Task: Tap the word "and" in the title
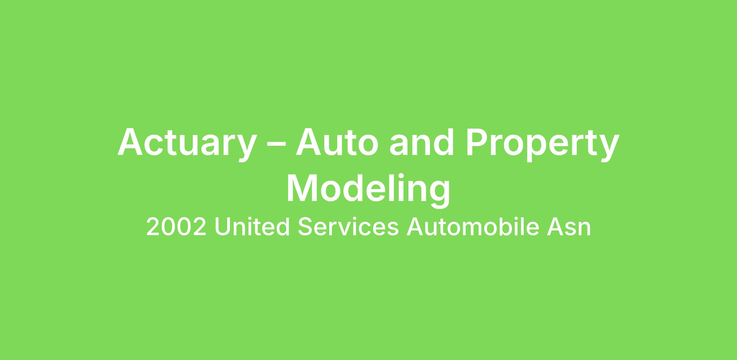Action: pos(422,141)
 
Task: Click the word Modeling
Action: pos(368,190)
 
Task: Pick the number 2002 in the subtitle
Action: pos(176,227)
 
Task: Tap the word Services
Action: pos(348,226)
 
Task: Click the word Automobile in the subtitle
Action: pos(473,226)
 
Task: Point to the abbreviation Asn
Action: pos(569,227)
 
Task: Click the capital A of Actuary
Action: pos(130,141)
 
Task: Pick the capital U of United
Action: pos(223,227)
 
